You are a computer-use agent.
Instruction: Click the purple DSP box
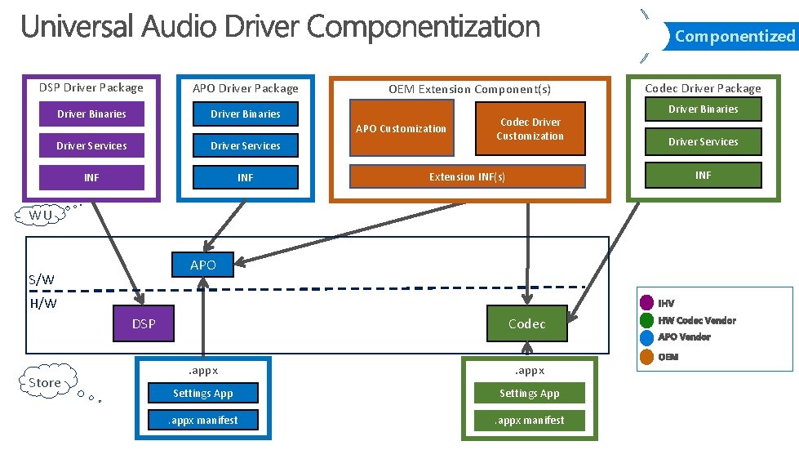point(144,323)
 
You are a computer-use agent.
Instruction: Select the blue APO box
point(203,265)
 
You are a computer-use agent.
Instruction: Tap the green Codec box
point(526,323)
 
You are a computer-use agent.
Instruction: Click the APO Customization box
point(402,128)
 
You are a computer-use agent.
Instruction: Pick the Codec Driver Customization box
point(530,129)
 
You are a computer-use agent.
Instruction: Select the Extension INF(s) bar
point(467,176)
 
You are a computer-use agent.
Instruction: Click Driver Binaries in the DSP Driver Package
point(91,114)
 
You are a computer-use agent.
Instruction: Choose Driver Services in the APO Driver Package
point(245,146)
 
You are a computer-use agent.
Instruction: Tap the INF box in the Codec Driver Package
point(703,175)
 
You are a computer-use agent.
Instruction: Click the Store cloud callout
point(45,382)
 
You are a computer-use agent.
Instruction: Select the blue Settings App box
point(202,394)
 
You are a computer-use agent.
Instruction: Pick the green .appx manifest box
point(529,421)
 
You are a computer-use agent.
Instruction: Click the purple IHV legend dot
point(647,303)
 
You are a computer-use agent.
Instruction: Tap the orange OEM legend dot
point(647,356)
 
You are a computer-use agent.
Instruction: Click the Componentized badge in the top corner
point(734,36)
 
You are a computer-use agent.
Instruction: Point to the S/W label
point(42,279)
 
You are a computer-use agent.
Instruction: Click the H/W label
point(43,304)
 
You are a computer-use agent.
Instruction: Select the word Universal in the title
point(78,27)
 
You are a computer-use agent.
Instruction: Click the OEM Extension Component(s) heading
point(469,89)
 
